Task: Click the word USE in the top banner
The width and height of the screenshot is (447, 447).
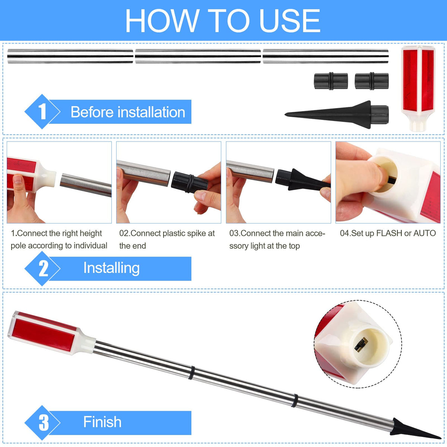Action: pyautogui.click(x=290, y=20)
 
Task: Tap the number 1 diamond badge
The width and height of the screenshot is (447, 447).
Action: pyautogui.click(x=42, y=112)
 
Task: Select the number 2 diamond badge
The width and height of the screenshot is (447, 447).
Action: pyautogui.click(x=42, y=268)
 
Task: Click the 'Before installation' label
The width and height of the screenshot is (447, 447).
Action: pyautogui.click(x=128, y=112)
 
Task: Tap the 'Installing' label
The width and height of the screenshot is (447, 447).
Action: pyautogui.click(x=111, y=268)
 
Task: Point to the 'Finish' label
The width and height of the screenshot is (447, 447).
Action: pyautogui.click(x=102, y=422)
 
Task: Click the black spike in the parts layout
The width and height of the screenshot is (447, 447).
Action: pyautogui.click(x=337, y=115)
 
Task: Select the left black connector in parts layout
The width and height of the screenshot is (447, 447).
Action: pyautogui.click(x=331, y=81)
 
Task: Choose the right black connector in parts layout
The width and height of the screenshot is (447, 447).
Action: pyautogui.click(x=372, y=81)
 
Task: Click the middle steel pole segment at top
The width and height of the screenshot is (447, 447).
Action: pyautogui.click(x=198, y=56)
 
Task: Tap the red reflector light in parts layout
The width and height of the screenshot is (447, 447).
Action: pyautogui.click(x=418, y=88)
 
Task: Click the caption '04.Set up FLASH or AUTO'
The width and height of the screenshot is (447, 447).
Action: pyautogui.click(x=388, y=233)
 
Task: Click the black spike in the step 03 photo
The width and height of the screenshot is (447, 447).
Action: pyautogui.click(x=303, y=180)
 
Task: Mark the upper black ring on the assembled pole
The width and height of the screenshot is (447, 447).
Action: pyautogui.click(x=191, y=373)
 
